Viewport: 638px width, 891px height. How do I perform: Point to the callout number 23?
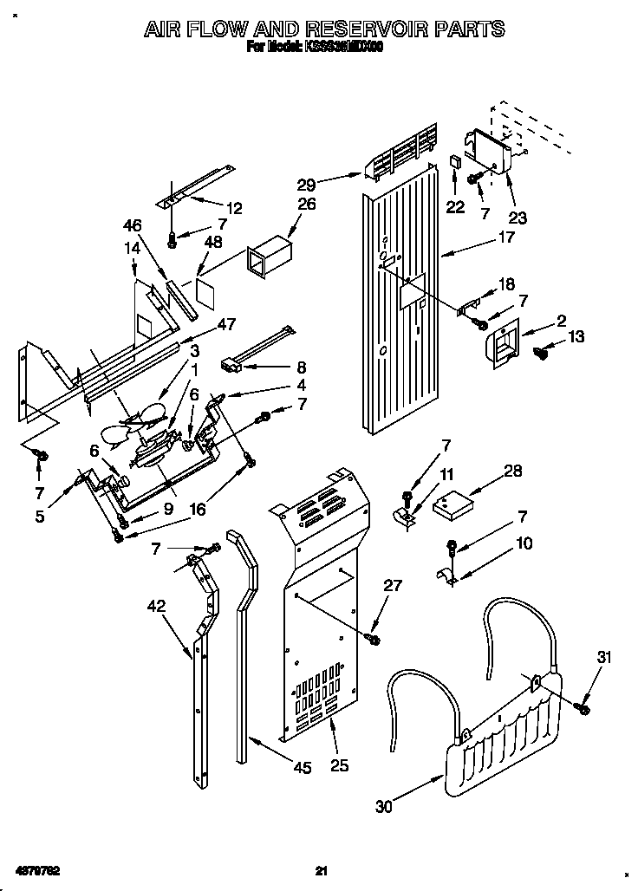[x=517, y=218]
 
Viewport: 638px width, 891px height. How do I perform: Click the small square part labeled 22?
[x=454, y=162]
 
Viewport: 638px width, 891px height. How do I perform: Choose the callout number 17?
[x=507, y=236]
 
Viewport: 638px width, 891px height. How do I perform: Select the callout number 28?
[x=514, y=471]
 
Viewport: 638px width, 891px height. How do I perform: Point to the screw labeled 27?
[x=374, y=639]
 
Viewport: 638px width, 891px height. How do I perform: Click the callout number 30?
[x=383, y=806]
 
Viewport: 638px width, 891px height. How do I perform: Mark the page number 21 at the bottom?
[x=320, y=870]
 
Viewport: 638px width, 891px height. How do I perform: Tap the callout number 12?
[x=234, y=208]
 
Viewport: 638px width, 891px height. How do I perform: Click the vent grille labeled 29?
[x=402, y=156]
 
